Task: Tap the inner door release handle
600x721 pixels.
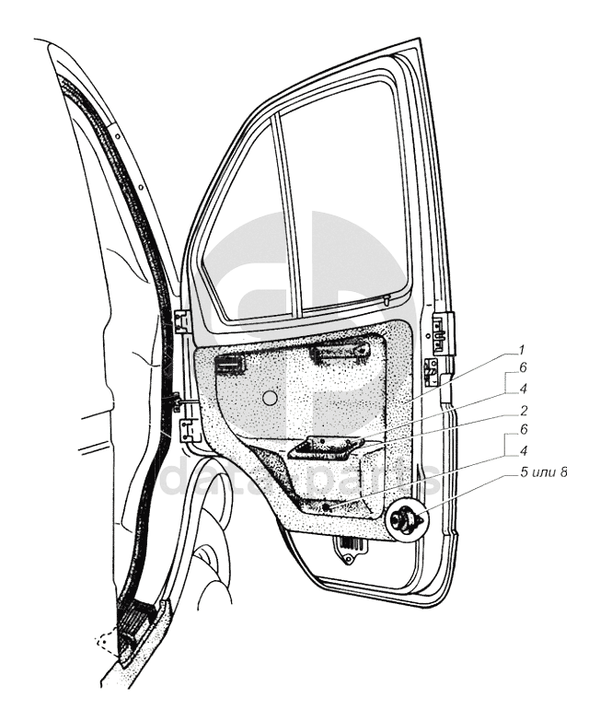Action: tap(230, 366)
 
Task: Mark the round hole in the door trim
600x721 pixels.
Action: tap(270, 398)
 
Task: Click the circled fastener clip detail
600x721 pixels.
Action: tap(406, 521)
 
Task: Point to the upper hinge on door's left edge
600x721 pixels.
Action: tap(182, 320)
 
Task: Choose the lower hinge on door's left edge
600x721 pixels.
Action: tap(189, 430)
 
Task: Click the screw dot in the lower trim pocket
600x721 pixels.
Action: tap(329, 506)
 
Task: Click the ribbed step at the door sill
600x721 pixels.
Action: tap(134, 627)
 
